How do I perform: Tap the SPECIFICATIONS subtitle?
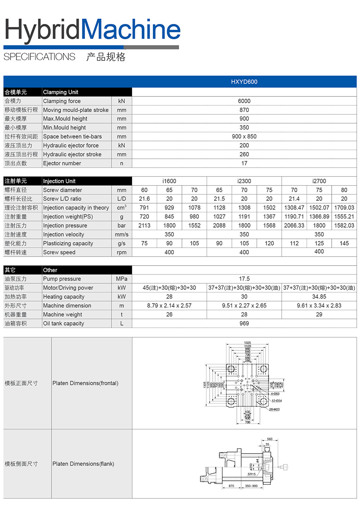pos(39,57)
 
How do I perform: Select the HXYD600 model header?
pos(244,82)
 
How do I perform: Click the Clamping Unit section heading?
pos(61,92)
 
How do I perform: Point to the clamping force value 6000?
pos(244,101)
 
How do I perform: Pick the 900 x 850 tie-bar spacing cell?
pos(244,136)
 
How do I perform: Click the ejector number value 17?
pos(244,163)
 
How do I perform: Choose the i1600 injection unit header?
pos(169,181)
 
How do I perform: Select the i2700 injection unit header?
pos(319,181)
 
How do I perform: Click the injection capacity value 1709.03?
pos(344,208)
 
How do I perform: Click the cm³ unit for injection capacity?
pos(122,208)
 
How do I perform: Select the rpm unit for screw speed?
pos(122,252)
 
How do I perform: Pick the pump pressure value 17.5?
pos(244,279)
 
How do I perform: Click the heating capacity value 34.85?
pos(319,297)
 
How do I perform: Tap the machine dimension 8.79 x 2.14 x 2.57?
pos(169,306)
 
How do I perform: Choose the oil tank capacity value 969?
pos(244,324)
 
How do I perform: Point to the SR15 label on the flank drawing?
pos(251,474)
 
